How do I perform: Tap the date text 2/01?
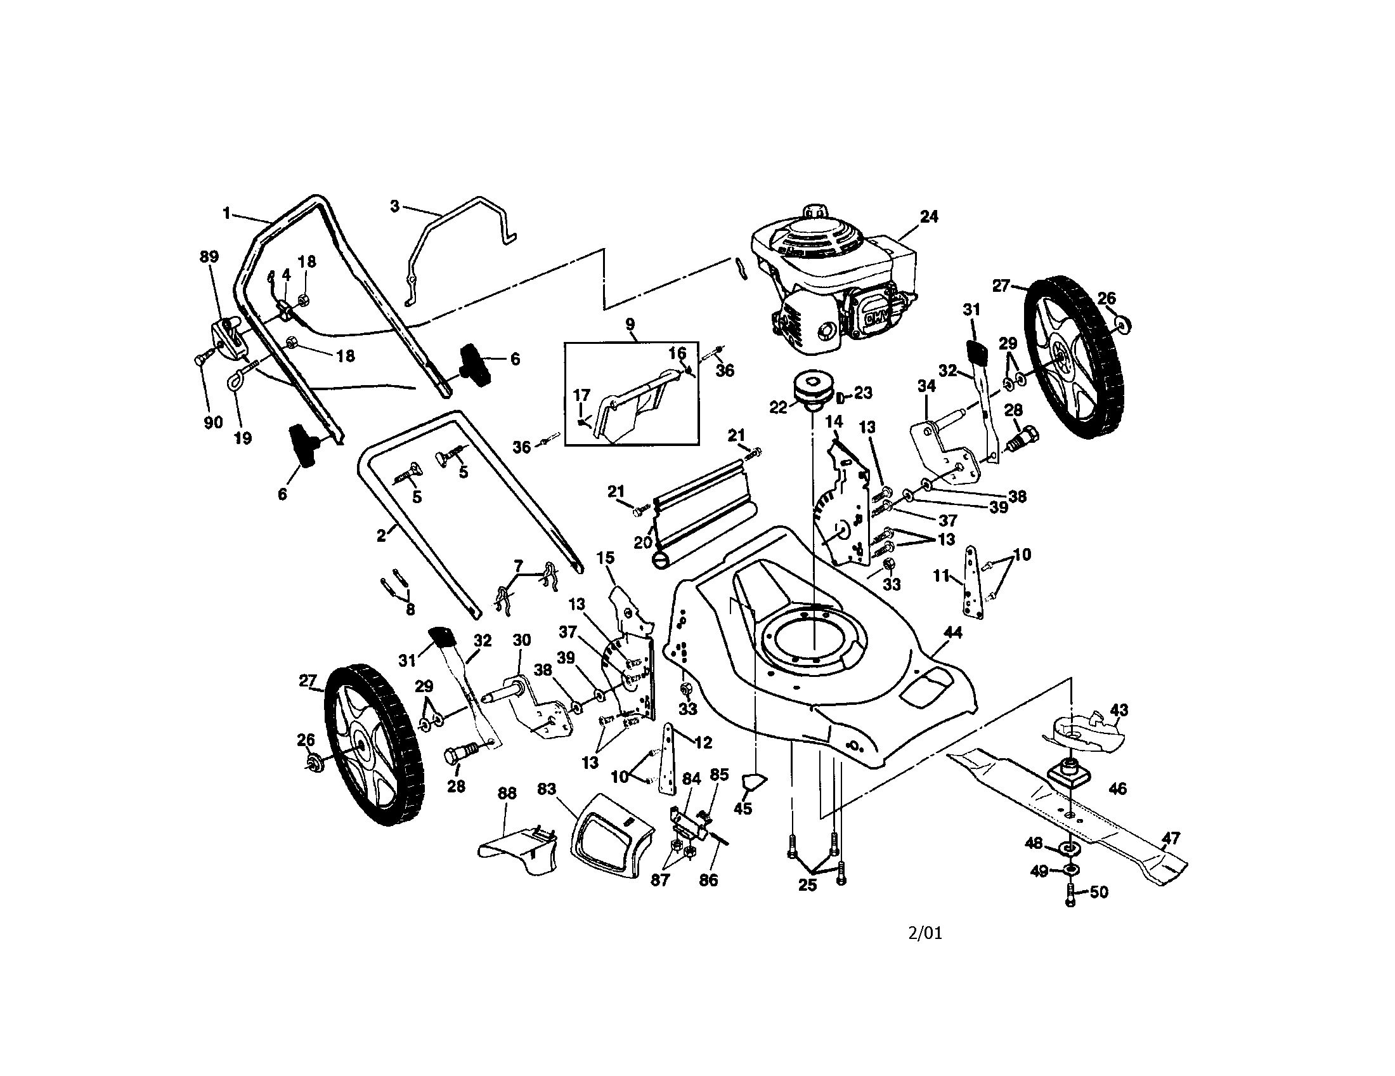(x=925, y=933)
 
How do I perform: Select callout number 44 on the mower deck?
(x=952, y=632)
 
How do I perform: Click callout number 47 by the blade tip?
(x=1170, y=837)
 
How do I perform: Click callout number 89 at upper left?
(x=209, y=257)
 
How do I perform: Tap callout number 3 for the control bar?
(x=395, y=206)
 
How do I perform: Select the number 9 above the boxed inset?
(x=630, y=325)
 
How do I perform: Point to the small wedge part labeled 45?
(x=754, y=780)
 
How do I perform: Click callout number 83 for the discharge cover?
(x=546, y=789)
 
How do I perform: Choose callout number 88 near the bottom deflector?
(x=507, y=793)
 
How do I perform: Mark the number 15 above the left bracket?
(x=605, y=558)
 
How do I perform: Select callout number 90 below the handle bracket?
(x=212, y=423)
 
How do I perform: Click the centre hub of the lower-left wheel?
(x=361, y=745)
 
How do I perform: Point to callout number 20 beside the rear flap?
(x=642, y=542)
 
